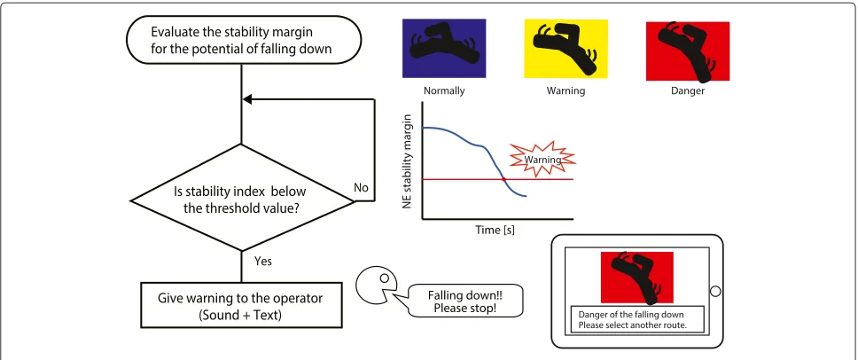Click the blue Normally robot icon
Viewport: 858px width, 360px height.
coord(444,48)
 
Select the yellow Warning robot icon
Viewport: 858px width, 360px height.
coord(565,48)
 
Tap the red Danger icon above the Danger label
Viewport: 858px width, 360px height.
coord(688,51)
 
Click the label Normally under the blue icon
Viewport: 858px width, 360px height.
coord(444,90)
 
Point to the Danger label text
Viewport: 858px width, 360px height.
coord(688,90)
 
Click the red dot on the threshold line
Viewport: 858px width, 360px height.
coord(503,179)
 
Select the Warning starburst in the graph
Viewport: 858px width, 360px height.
coord(542,160)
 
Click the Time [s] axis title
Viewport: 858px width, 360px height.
coord(495,230)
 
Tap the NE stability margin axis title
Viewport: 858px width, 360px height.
coord(407,161)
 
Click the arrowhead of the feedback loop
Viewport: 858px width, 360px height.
coord(246,99)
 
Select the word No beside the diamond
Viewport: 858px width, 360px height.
coord(361,188)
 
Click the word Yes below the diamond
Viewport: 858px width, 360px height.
coord(262,261)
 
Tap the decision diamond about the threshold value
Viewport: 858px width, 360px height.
coord(241,198)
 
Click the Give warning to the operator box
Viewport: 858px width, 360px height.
coord(241,305)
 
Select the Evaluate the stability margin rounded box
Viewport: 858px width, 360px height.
coord(244,41)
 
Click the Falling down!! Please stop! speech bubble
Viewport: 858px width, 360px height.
coord(466,301)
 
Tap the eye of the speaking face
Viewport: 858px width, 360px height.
coord(384,278)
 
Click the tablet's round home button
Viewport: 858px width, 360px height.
coord(715,292)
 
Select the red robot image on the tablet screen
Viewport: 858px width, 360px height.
coord(637,278)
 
